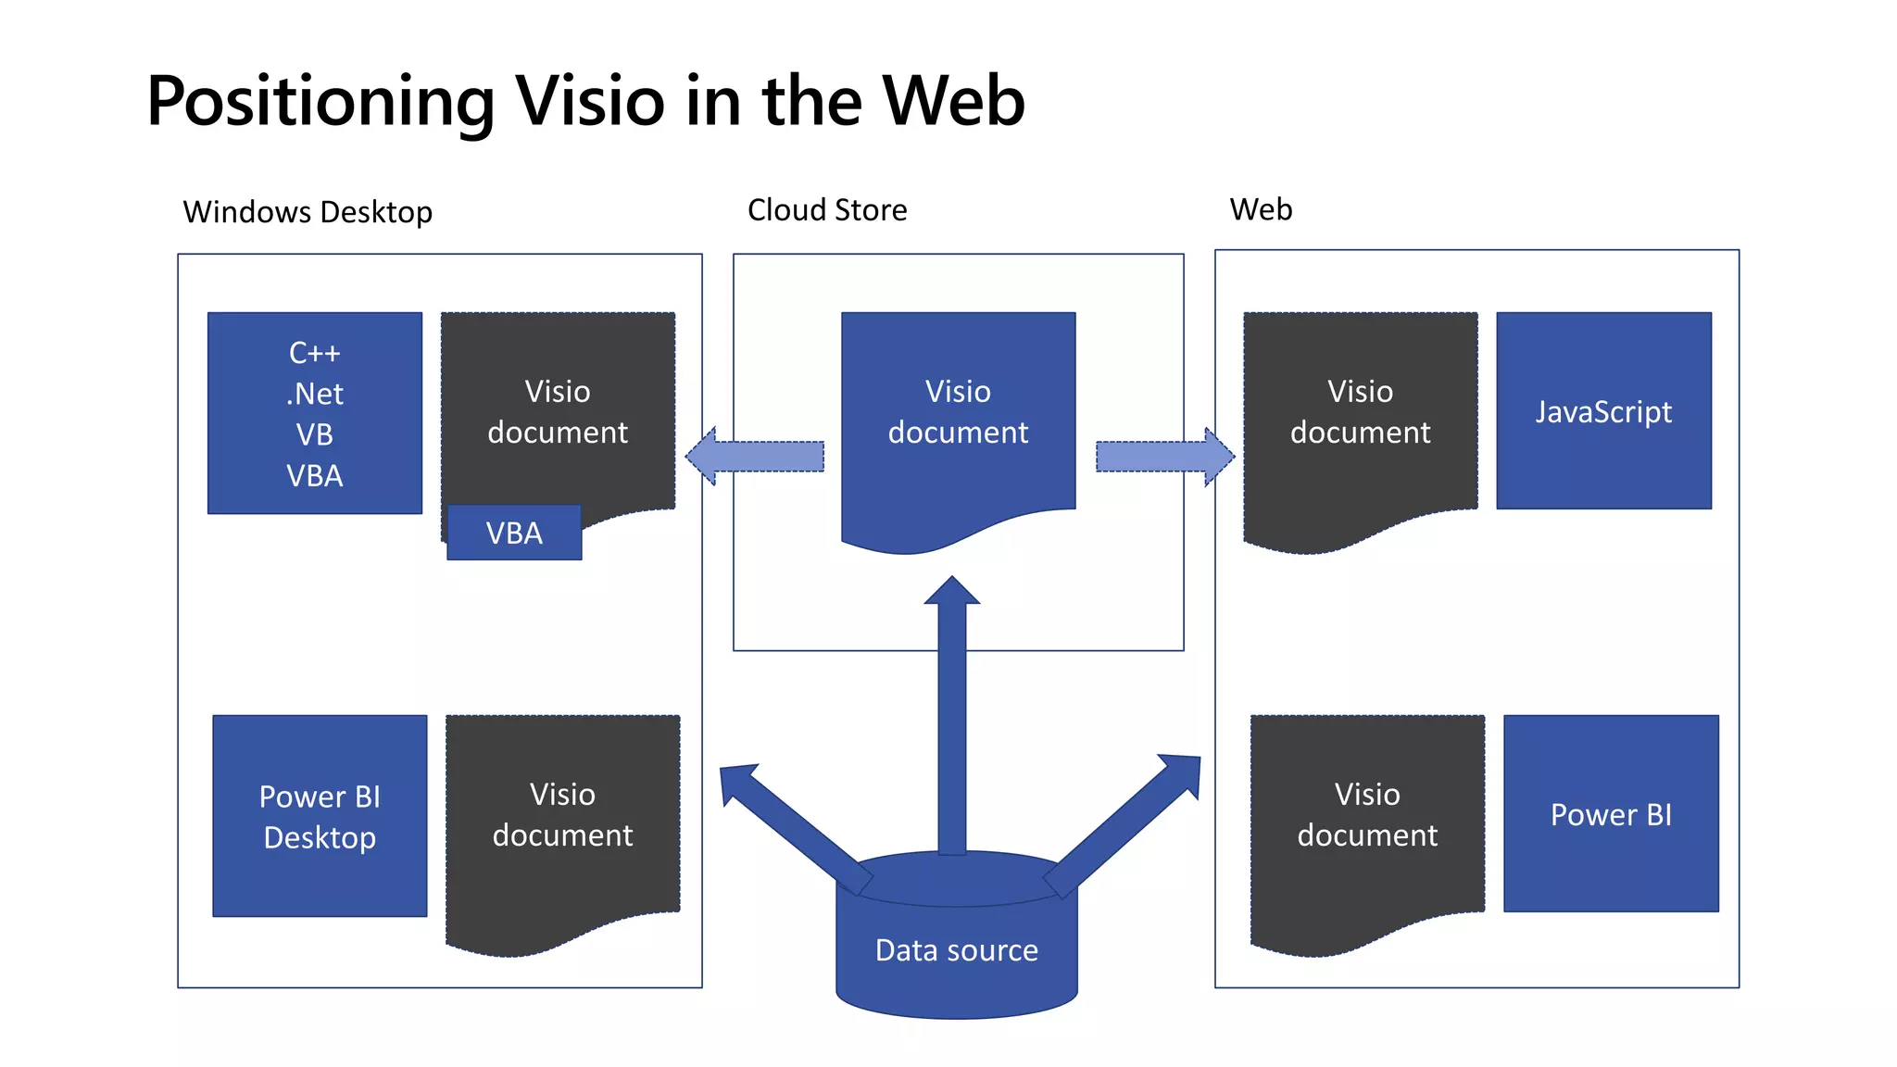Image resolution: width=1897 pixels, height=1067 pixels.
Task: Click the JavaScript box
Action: click(x=1603, y=411)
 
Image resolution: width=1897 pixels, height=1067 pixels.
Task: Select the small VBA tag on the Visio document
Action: click(x=514, y=533)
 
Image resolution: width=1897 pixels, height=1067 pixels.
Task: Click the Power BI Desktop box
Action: click(x=320, y=816)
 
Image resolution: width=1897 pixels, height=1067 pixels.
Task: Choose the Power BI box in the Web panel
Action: click(x=1611, y=814)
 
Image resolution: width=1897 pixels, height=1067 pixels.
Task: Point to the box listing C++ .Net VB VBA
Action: click(x=315, y=413)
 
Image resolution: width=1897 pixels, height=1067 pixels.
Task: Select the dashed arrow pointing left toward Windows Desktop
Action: click(x=755, y=456)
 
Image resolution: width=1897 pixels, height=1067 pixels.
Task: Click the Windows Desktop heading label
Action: click(x=308, y=212)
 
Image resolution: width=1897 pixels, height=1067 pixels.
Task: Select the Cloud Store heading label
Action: click(x=827, y=210)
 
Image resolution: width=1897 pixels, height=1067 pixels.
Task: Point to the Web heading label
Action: click(x=1261, y=209)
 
